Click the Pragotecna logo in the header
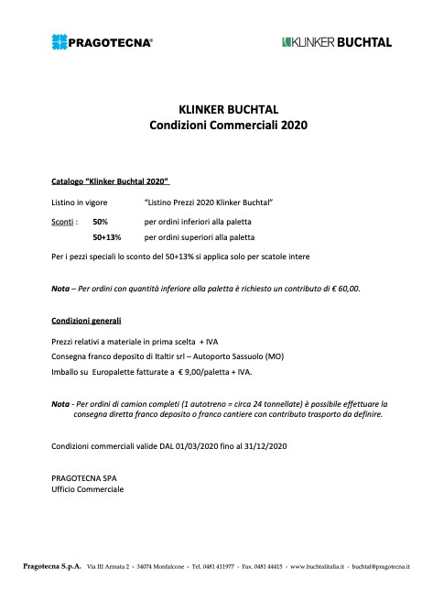pos(103,41)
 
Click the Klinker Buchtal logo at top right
pos(336,41)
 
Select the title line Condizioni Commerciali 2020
pos(216,124)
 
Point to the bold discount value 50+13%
pos(108,236)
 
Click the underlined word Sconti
pos(62,222)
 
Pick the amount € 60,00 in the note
pos(343,288)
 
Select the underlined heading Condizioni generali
pos(86,321)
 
